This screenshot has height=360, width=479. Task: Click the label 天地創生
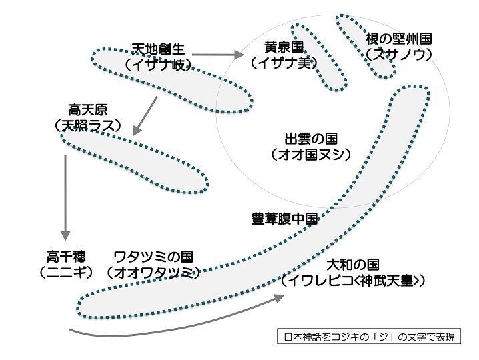coord(158,49)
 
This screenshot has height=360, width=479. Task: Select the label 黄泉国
coord(284,47)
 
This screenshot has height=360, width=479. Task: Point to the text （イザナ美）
coord(284,63)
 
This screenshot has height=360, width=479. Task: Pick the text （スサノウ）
coord(399,55)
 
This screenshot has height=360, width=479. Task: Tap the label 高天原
coord(88,109)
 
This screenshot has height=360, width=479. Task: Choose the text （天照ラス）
coord(88,125)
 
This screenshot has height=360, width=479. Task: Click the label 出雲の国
coord(311,139)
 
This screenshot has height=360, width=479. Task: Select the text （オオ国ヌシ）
coord(311,155)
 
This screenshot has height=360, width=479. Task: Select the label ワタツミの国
coord(153,257)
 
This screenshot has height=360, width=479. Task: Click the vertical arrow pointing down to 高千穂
coord(65,197)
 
